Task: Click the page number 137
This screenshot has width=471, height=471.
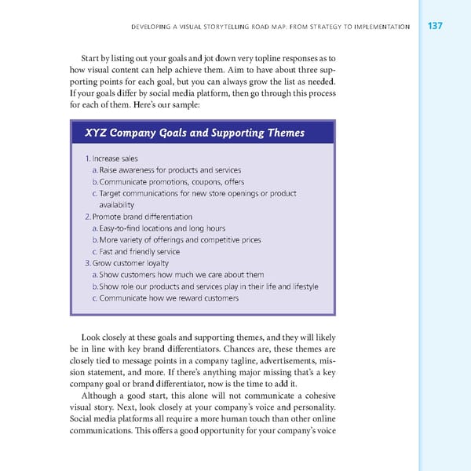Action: point(436,27)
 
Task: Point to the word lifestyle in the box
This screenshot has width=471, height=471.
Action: point(303,287)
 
